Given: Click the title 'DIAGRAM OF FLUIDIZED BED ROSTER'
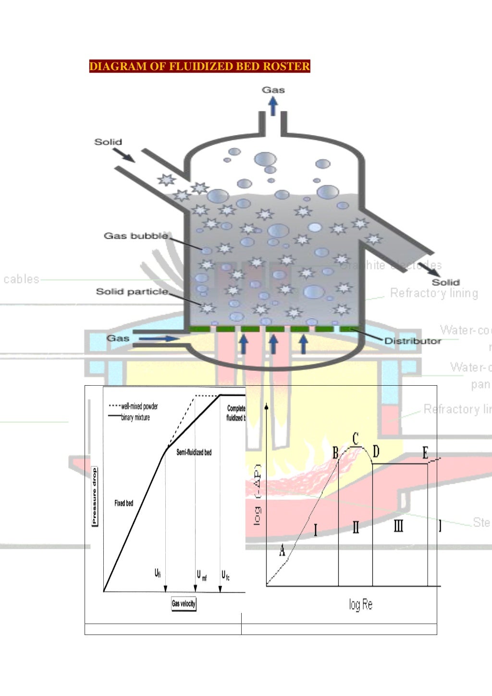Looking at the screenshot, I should (199, 66).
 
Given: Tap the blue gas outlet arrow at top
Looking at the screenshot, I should (273, 106).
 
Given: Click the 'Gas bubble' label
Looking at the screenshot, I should (136, 236).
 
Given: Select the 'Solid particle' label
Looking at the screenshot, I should (132, 292).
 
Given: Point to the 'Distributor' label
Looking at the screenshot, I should (413, 341).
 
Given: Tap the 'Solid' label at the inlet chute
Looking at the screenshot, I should (108, 142).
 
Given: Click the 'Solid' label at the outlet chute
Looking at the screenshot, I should (445, 282).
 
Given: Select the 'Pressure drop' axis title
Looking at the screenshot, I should (94, 496).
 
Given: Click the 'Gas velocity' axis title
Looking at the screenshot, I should (184, 604).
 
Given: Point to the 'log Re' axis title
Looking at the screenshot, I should (360, 604).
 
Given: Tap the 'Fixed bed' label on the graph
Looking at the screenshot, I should (123, 503).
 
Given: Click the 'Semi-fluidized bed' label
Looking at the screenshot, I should (194, 452).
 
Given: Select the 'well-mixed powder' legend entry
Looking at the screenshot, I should (139, 406).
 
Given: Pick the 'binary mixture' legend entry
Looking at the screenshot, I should (135, 417).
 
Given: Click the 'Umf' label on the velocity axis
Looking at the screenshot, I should (202, 575).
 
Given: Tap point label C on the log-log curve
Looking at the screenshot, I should (356, 438).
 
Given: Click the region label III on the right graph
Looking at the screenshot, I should (398, 526).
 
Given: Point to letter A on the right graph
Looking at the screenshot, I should (282, 550).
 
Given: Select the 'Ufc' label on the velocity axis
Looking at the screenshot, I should (225, 575).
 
